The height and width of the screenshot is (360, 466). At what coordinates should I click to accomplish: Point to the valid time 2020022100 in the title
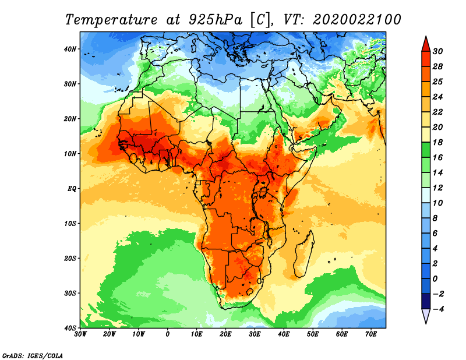(356, 19)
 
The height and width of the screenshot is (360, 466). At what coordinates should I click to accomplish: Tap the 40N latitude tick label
(70, 49)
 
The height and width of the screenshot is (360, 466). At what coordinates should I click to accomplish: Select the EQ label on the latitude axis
(72, 189)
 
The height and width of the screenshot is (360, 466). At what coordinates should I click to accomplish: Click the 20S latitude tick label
(70, 258)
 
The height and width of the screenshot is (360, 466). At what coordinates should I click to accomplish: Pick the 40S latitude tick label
(70, 328)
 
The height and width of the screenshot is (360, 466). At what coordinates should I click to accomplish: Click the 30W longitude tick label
(80, 334)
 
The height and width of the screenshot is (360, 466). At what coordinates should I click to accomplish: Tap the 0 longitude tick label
(168, 334)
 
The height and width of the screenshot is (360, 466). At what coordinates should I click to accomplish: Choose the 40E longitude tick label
(284, 334)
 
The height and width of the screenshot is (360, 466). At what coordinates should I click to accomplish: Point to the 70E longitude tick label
(371, 334)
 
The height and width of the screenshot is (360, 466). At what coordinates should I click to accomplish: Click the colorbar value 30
(438, 51)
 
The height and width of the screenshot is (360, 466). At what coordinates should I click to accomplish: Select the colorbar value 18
(438, 142)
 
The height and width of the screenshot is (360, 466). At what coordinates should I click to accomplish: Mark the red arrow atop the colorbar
(425, 43)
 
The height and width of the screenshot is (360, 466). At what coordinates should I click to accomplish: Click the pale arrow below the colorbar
(425, 316)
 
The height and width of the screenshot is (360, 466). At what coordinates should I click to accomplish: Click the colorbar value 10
(438, 203)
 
